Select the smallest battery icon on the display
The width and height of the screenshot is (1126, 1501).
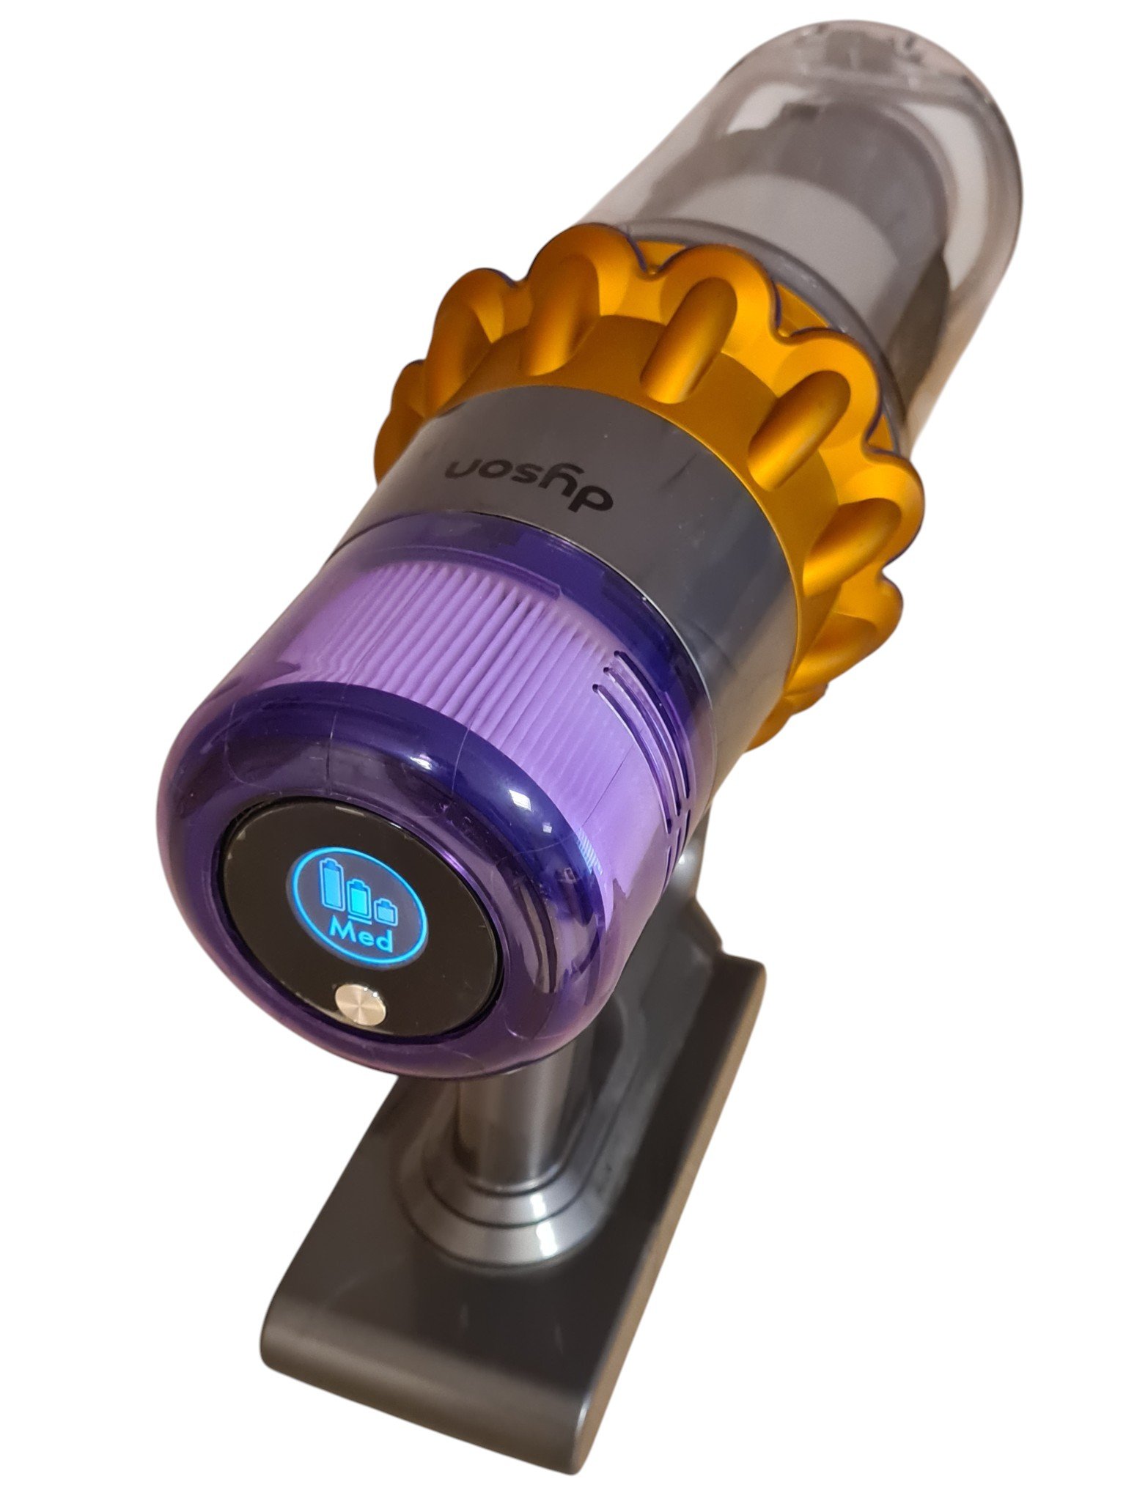pyautogui.click(x=385, y=911)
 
